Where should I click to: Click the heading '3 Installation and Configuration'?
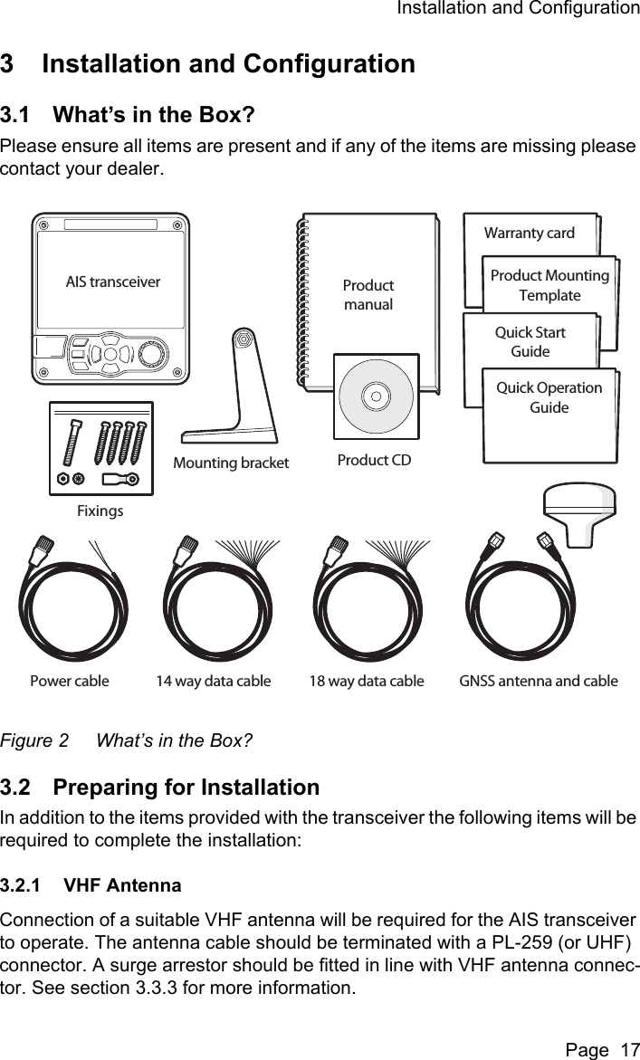coord(207,65)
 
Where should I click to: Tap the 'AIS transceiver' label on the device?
coord(113,282)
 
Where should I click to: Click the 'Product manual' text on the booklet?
coord(368,295)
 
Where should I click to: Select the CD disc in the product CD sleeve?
coord(376,396)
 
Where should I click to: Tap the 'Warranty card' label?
coord(529,234)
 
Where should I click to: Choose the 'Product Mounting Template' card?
coord(549,286)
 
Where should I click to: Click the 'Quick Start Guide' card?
coord(530,342)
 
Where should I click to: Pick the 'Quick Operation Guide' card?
coord(549,397)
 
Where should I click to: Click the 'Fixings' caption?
coord(100,511)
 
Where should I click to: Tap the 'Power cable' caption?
coord(70,681)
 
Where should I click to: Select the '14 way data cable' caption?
coord(214,681)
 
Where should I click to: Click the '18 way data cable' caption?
coord(367,681)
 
